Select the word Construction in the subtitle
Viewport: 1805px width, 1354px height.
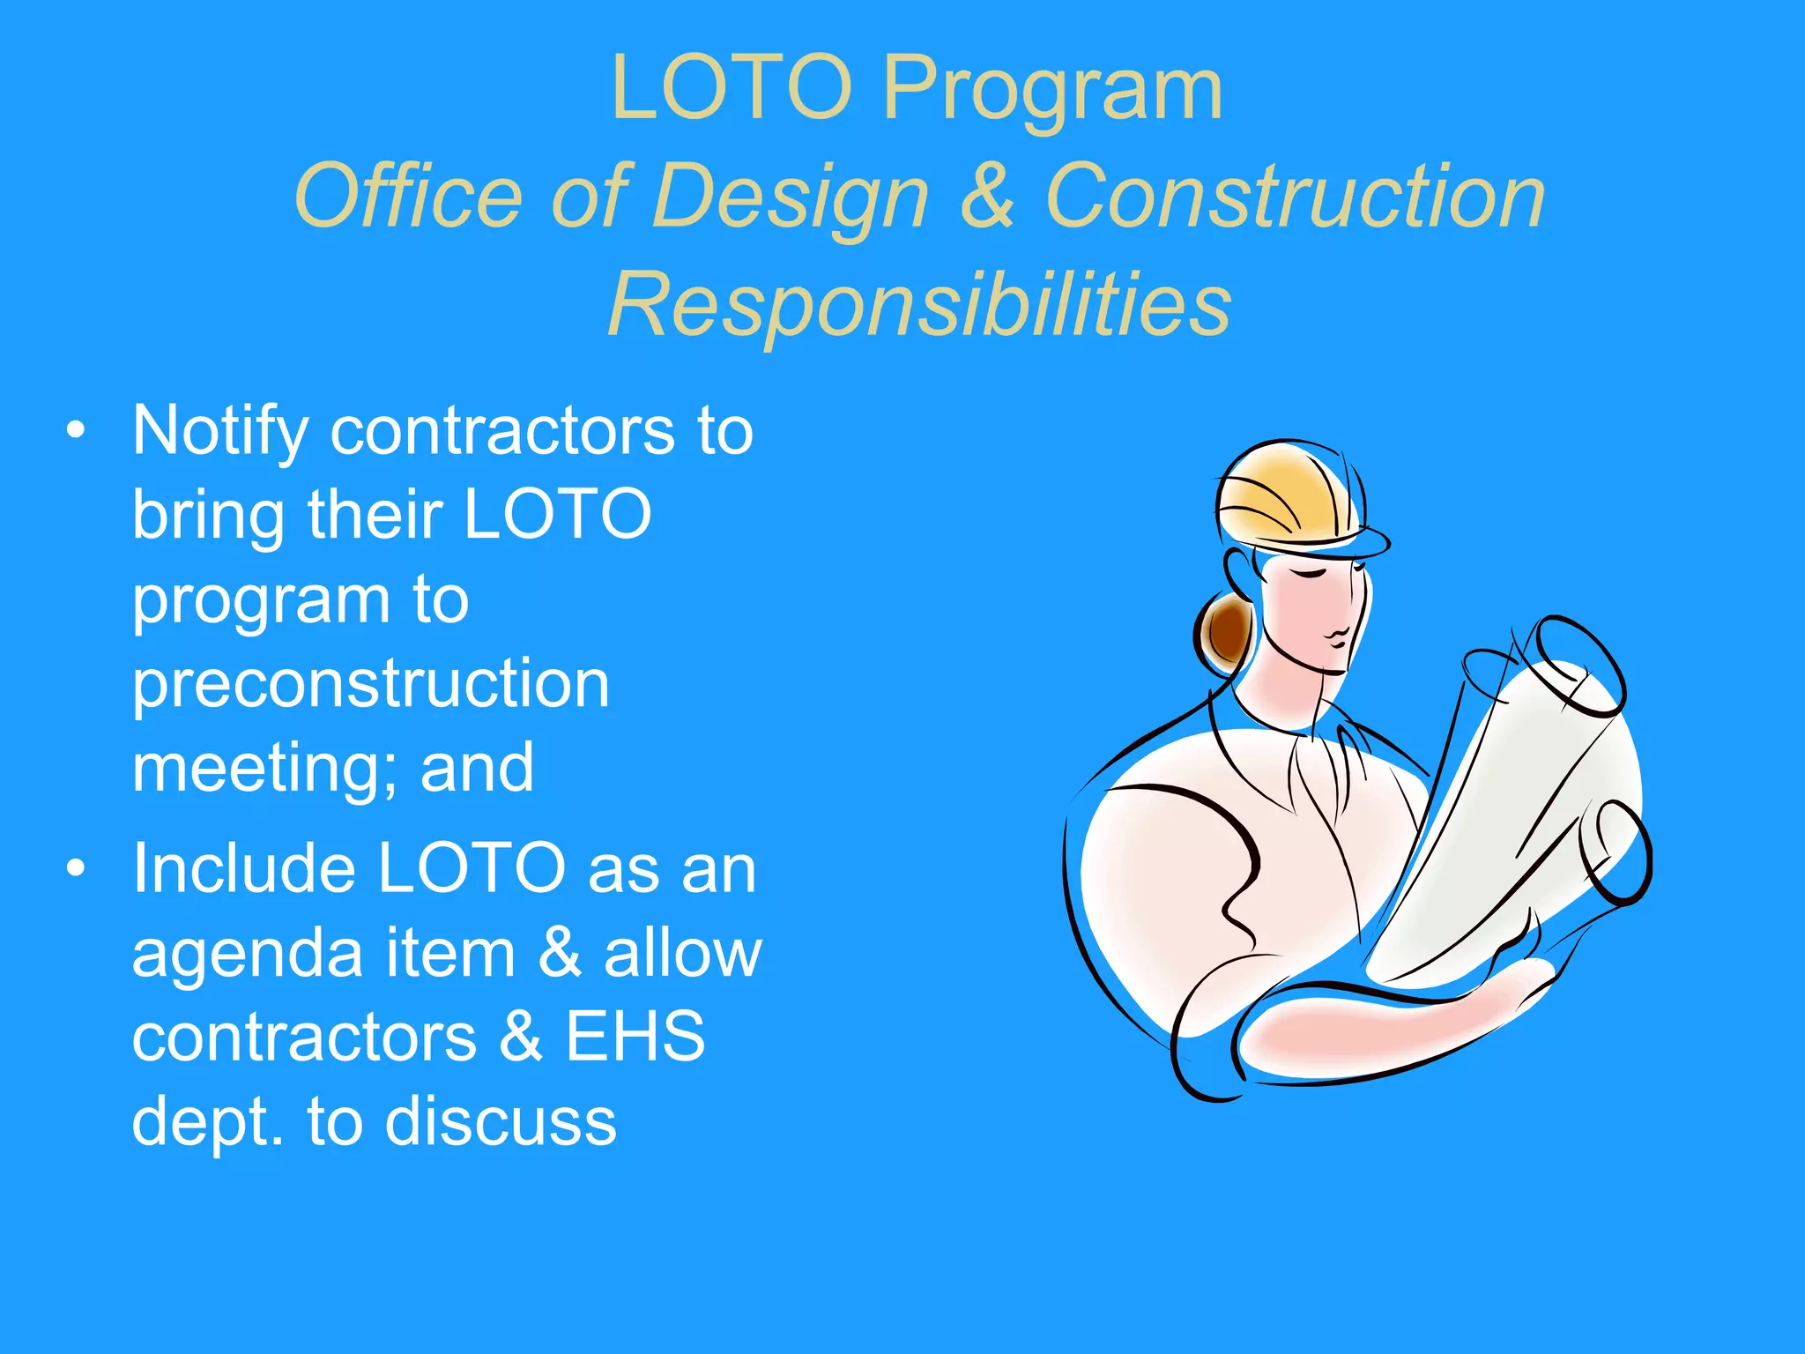[1295, 196]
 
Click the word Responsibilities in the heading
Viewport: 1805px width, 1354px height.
[919, 304]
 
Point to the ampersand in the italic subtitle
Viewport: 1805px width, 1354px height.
[986, 196]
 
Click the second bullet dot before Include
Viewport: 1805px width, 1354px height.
[77, 868]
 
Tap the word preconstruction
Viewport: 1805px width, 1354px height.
[370, 684]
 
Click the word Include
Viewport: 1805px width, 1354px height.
[243, 869]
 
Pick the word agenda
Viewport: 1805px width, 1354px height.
[248, 954]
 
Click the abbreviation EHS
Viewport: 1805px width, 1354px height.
[635, 1037]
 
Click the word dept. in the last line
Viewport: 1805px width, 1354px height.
[208, 1123]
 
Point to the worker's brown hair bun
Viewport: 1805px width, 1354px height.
[1228, 629]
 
